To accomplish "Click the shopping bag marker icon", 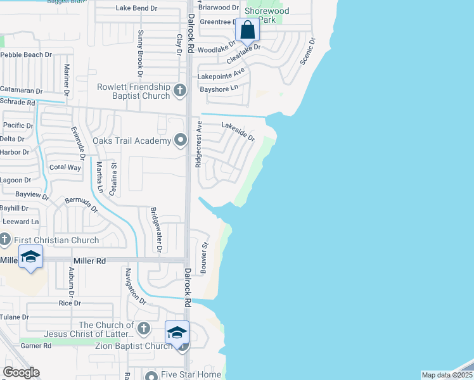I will point(247,30).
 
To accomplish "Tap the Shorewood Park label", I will point(267,16).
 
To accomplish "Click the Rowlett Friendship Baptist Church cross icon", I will point(180,91).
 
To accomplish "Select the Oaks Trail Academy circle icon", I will point(181,140).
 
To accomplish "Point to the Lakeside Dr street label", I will point(238,132).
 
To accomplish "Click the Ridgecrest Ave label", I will point(199,144).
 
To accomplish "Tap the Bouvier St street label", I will point(205,256).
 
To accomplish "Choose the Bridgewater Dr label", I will point(155,229).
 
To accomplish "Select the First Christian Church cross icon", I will point(5,239).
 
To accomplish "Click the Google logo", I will point(22,372).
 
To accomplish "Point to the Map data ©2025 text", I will point(447,375).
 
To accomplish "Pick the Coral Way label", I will point(65,168).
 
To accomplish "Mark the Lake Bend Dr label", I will point(137,8).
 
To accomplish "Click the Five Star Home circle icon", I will point(151,376).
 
